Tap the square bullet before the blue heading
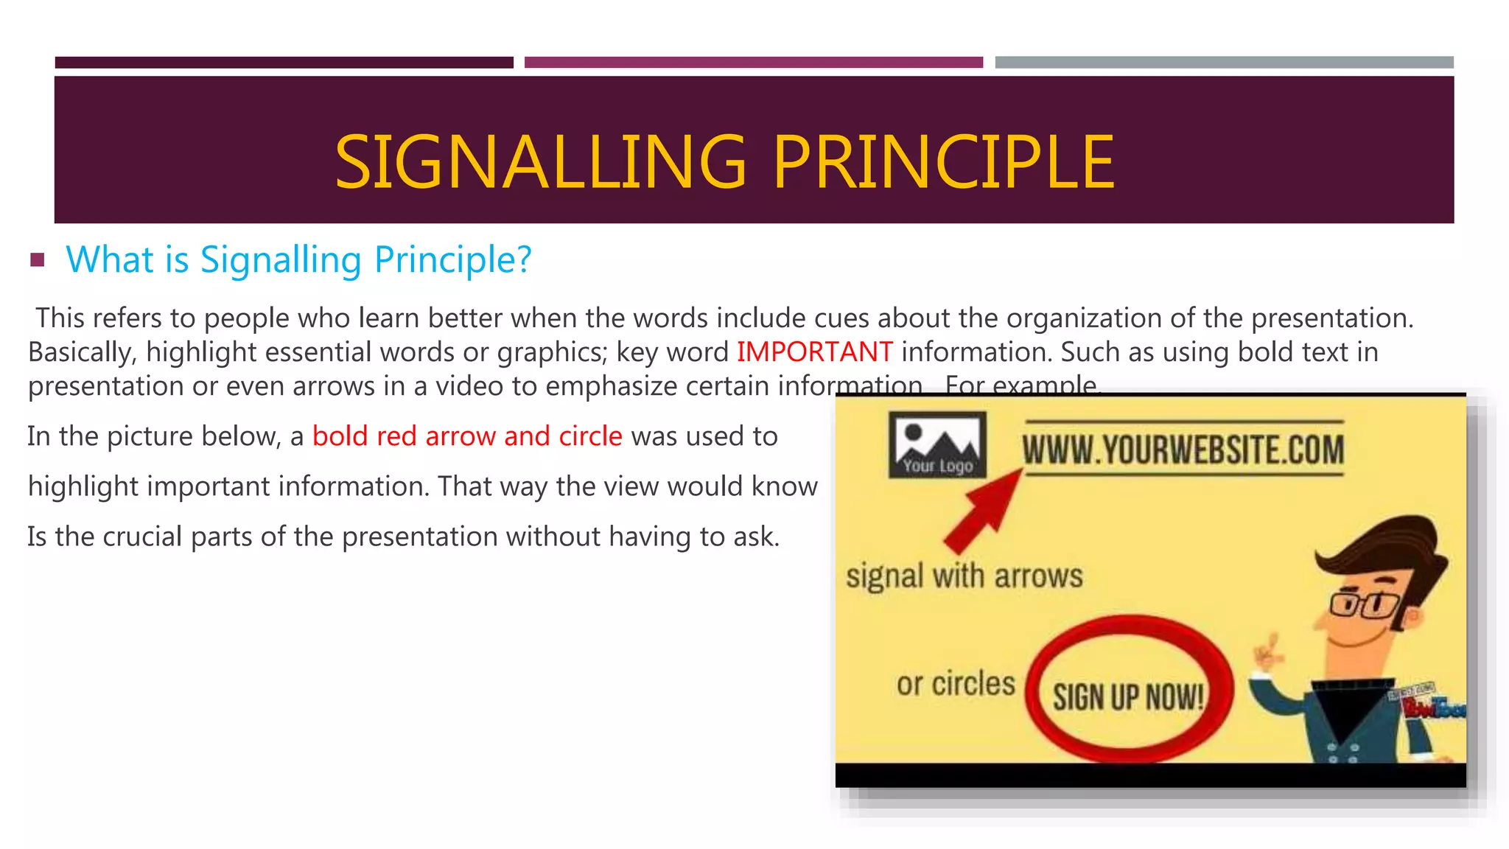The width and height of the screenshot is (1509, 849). pos(38,259)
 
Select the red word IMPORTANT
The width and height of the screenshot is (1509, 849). pos(814,352)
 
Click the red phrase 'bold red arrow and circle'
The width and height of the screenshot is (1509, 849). pos(467,436)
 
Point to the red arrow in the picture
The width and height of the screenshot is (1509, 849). pos(983,512)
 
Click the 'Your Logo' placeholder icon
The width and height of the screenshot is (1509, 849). pos(936,445)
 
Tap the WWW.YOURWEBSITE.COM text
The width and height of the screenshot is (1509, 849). pos(1183,450)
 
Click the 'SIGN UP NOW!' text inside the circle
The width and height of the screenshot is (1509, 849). pos(1127,696)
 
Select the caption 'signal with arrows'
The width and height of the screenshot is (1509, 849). pos(964,576)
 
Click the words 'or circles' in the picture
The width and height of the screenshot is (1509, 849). pos(955,684)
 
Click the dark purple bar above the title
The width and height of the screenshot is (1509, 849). pos(284,63)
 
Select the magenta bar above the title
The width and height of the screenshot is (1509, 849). pos(753,63)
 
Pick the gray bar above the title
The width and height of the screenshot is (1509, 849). pos(1224,63)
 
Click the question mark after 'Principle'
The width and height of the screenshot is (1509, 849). pos(523,259)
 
